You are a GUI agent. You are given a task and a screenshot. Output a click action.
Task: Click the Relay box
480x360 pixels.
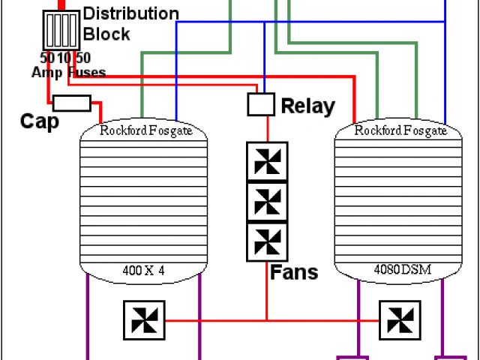[260, 104]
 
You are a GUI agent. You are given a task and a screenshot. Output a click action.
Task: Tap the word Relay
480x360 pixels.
[307, 106]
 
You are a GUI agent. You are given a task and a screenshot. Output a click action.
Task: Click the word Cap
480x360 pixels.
[39, 121]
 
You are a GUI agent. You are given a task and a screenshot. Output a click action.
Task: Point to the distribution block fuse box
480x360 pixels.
[61, 31]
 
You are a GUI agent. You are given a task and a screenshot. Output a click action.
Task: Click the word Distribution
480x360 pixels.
[130, 14]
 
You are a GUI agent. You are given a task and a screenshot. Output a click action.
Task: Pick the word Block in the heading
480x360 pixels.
[106, 34]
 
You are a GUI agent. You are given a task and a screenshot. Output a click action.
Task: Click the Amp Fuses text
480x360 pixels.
[68, 73]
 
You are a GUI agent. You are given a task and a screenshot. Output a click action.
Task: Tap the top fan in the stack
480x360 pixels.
[266, 161]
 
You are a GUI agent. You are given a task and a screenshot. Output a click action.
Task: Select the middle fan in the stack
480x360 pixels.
[266, 201]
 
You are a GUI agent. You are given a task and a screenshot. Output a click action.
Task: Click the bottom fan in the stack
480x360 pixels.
[266, 241]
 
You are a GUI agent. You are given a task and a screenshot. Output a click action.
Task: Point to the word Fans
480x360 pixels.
[294, 271]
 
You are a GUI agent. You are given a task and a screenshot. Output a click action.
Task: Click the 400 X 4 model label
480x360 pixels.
[142, 270]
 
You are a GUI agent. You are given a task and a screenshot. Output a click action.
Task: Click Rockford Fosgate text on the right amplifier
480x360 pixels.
[400, 130]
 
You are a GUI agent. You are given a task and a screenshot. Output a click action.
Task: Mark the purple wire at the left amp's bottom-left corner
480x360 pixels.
[88, 315]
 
